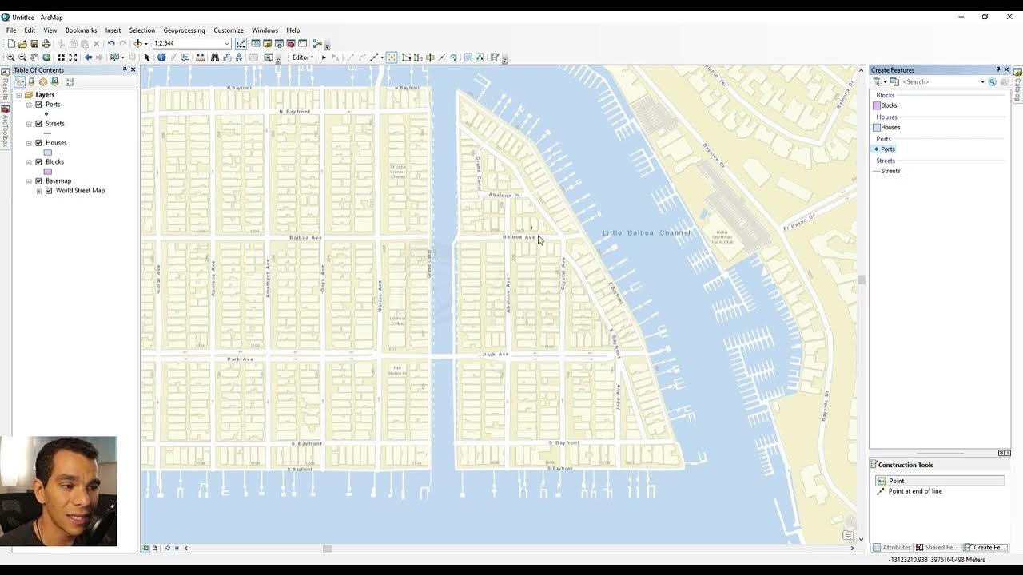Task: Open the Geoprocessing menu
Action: pos(184,30)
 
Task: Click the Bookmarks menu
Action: pos(81,30)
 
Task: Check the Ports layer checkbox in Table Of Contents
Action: pos(38,105)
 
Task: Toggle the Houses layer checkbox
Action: pos(38,143)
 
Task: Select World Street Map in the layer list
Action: pos(80,191)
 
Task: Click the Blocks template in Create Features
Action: pos(888,105)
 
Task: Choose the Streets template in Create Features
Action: pos(890,171)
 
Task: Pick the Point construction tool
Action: pos(896,481)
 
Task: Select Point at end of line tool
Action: pos(914,491)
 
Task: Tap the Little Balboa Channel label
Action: pos(646,232)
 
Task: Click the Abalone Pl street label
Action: pos(504,195)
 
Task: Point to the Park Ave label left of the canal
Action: pos(240,359)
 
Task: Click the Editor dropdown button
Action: pos(303,57)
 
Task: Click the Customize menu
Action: pos(229,30)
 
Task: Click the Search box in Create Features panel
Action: pos(941,82)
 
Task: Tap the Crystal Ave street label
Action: pos(563,272)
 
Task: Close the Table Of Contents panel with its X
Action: pos(133,70)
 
